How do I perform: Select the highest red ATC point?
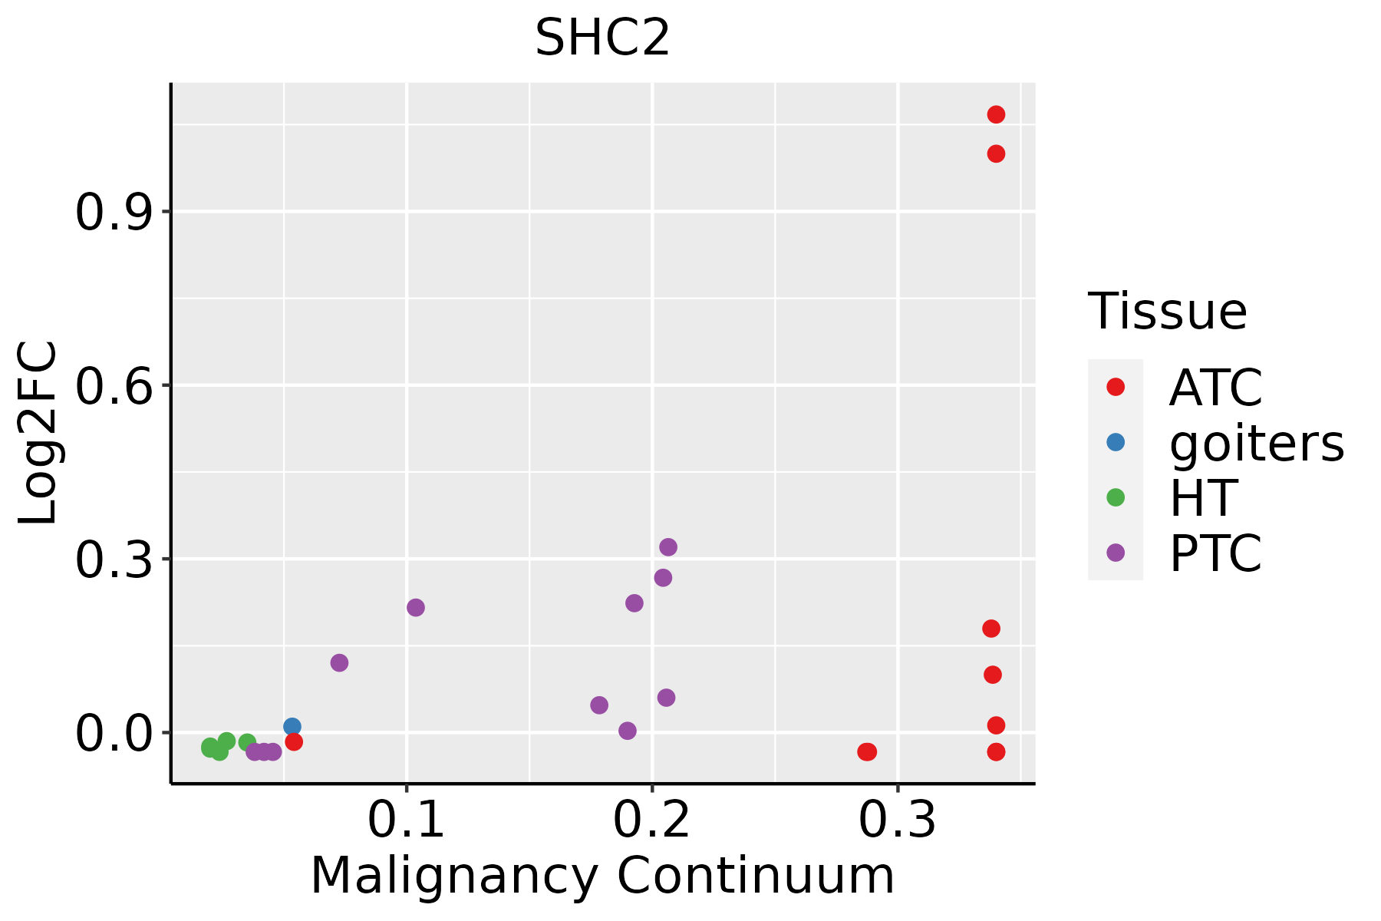[996, 114]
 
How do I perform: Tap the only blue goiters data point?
[292, 726]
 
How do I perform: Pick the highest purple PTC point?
[667, 547]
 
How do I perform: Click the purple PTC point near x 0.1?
[415, 607]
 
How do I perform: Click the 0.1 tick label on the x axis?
[406, 820]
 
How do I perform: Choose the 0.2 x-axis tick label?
[651, 820]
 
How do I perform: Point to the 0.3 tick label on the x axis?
[897, 820]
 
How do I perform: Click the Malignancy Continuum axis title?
[602, 876]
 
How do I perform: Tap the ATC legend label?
[1215, 388]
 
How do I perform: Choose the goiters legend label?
[1257, 443]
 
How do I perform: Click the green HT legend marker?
[1116, 497]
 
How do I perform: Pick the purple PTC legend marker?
[1116, 553]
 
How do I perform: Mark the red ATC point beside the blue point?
[293, 741]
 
